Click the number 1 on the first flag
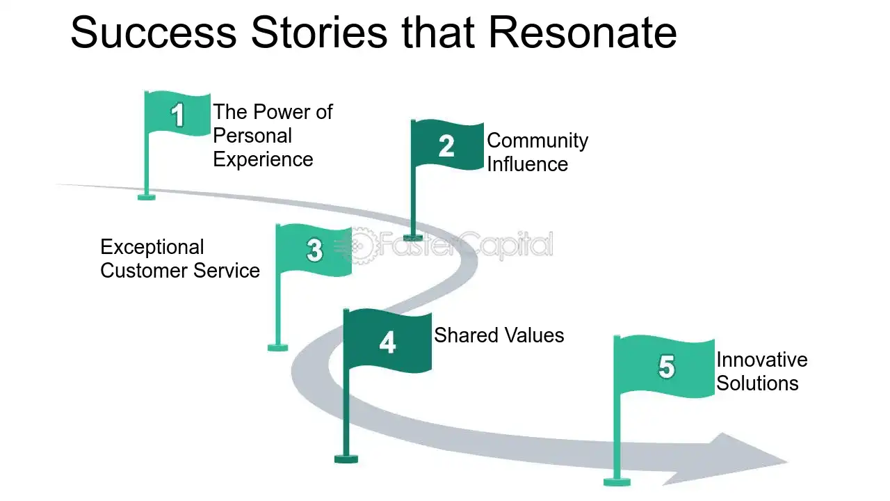coord(177,116)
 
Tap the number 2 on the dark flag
coord(446,146)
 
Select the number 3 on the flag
coord(315,250)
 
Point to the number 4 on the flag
coord(387,342)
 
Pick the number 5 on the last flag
coord(666,367)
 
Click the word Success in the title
coord(154,33)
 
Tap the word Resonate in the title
coord(583,33)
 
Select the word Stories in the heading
coord(319,33)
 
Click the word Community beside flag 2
coord(537,141)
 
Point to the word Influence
coord(528,164)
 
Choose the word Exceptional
coord(152,248)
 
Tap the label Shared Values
coord(499,335)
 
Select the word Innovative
coord(762,360)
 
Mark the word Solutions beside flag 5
coord(757,383)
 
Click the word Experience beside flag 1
coord(263,160)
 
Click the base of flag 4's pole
coord(346,459)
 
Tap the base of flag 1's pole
coord(146,197)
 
